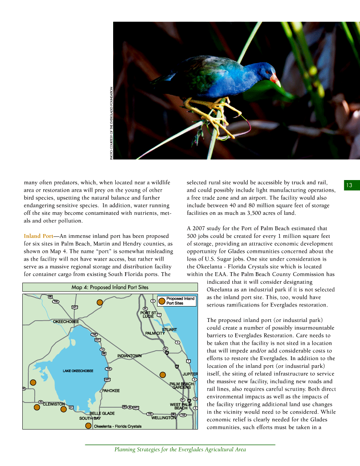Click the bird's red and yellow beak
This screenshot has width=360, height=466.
point(274,80)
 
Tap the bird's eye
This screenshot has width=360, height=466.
point(269,72)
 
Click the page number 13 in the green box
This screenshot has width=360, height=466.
point(349,185)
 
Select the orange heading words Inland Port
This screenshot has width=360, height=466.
point(39,236)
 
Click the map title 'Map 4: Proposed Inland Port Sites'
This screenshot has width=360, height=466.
point(110,287)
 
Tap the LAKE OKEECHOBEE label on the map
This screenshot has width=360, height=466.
point(78,371)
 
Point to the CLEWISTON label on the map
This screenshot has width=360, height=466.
point(54,404)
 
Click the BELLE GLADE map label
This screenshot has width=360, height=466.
point(102,413)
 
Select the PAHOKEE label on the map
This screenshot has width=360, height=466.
point(111,391)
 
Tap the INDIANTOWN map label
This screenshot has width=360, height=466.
point(129,356)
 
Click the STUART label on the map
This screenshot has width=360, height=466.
point(169,330)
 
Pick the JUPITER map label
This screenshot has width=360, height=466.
point(190,374)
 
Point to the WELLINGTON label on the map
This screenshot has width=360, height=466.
point(163,418)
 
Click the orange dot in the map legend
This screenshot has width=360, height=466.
point(162,301)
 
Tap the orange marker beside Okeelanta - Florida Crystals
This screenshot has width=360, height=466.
point(88,426)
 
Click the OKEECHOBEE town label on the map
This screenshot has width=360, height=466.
point(66,322)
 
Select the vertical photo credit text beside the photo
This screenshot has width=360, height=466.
point(111,123)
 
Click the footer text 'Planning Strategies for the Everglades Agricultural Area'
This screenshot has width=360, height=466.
point(180,450)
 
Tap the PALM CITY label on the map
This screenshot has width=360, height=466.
point(155,334)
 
